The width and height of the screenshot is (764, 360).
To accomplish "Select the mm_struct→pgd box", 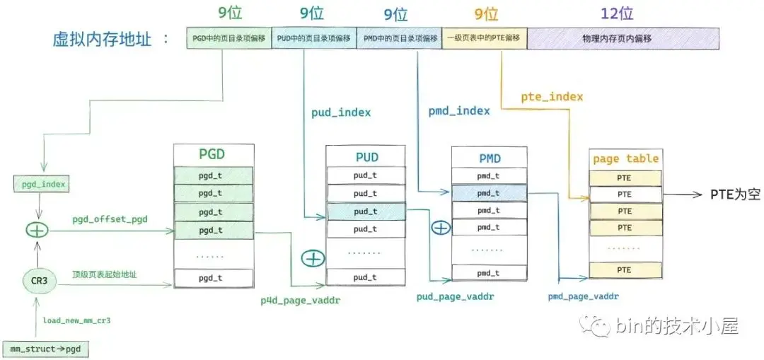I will coord(45,348).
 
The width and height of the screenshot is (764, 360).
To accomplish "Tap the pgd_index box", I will coord(43,185).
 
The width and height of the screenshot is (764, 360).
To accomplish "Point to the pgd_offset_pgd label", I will coord(110,219).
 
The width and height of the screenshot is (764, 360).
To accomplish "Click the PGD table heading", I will coord(213,154).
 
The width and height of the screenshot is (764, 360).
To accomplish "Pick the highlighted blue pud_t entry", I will coord(365,211).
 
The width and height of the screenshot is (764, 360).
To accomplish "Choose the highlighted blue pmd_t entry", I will coord(488,192).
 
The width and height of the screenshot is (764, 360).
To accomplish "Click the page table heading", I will coord(625,158).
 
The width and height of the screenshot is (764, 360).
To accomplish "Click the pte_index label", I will coord(552,95).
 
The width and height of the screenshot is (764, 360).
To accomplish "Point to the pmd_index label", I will coord(459,110).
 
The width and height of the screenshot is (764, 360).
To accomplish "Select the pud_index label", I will coord(341,112).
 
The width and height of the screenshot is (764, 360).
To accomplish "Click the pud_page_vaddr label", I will coord(455,297).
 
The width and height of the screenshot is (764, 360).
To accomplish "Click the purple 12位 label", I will coord(617,13).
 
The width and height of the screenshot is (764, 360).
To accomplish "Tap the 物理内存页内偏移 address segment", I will coord(623,37).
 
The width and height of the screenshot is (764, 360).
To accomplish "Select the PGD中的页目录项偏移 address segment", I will coord(228,37).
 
